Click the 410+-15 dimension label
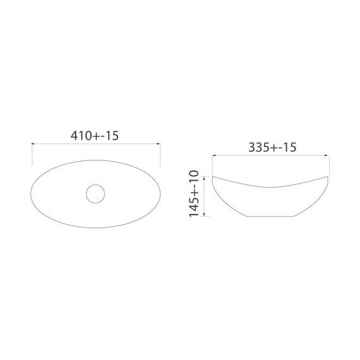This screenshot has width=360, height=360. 95,136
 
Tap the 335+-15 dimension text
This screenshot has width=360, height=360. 272,147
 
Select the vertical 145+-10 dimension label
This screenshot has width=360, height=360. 193,193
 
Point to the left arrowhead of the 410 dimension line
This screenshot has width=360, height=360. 33,144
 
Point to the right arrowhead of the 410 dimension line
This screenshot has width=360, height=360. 159,144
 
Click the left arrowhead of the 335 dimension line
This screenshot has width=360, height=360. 214,155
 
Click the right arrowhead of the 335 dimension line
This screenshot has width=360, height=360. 327,155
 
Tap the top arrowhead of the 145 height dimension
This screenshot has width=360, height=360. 204,178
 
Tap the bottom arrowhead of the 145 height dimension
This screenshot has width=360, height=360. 204,215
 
